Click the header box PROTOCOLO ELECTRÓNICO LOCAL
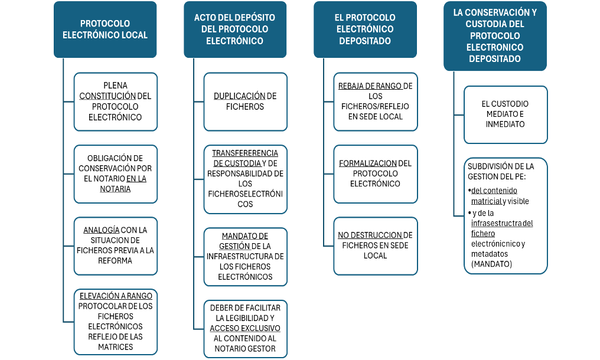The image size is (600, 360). tap(105, 30)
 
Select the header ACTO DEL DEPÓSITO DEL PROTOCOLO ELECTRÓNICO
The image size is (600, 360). tap(235, 30)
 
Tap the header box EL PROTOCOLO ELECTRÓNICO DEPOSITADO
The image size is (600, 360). tap(365, 30)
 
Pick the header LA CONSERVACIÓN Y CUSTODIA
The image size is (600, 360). tap(495, 36)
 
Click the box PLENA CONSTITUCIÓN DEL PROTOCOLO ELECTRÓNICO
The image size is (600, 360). tap(116, 102)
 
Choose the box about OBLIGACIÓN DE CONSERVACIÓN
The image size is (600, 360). tap(116, 174)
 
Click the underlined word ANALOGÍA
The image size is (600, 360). tap(102, 230)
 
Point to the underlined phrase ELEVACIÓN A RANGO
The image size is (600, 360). tap(116, 296)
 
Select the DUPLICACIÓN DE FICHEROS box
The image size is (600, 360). tap(245, 102)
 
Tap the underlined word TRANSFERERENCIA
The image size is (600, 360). tap(245, 153)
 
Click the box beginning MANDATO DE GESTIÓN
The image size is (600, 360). tap(245, 257)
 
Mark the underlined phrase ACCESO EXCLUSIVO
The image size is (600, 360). tap(245, 328)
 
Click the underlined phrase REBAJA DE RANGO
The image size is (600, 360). tap(370, 86)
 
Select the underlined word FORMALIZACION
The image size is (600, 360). tap(368, 163)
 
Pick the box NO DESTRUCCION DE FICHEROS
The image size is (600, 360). tap(376, 246)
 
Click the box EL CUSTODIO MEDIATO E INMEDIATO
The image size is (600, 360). tap(506, 114)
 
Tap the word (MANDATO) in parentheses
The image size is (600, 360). tap(492, 264)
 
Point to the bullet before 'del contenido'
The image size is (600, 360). tap(469, 190)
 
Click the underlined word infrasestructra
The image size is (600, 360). tap(496, 223)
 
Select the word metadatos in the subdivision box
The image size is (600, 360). tap(490, 254)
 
